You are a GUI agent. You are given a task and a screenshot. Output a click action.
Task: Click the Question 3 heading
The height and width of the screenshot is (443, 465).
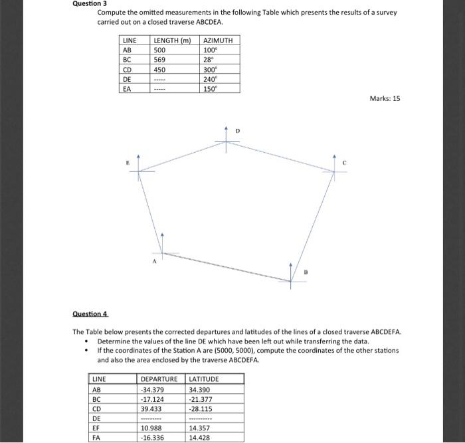pos(90,3)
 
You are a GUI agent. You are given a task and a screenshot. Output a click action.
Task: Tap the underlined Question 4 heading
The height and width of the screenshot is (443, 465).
pos(89,313)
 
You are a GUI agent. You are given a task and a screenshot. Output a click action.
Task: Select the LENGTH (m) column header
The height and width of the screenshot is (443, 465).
pos(172,41)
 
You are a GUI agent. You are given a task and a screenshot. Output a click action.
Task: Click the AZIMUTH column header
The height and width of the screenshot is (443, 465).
pos(218,41)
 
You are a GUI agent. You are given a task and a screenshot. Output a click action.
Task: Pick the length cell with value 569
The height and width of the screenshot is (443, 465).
pos(159,60)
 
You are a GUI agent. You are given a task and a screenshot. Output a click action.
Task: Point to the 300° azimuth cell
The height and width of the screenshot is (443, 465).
pos(211,69)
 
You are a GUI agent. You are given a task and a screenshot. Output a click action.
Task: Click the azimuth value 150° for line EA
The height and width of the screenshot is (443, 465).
pos(211,88)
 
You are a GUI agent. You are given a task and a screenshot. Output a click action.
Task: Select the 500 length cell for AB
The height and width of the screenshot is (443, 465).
pos(159,50)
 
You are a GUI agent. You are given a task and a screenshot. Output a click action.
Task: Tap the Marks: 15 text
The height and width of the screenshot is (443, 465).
pos(385,99)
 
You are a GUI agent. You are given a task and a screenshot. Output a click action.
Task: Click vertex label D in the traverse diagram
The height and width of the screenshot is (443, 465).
pos(237,132)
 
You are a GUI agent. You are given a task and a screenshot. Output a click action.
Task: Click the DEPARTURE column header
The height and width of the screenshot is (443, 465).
pos(159,379)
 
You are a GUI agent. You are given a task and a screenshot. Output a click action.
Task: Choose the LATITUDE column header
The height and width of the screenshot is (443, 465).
pos(204,379)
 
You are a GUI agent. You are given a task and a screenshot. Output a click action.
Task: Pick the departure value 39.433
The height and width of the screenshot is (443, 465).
pos(151,409)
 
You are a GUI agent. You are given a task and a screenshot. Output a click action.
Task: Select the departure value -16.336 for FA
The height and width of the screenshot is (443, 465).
pos(153,438)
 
